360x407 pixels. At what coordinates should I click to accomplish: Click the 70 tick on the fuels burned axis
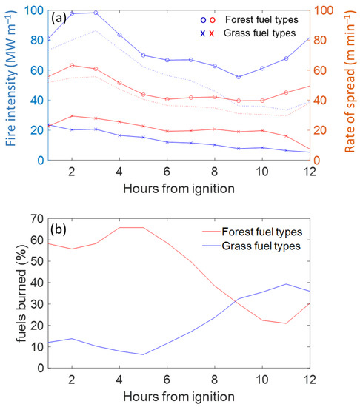click(34, 218)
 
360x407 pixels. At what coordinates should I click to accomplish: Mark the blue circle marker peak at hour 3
click(96, 13)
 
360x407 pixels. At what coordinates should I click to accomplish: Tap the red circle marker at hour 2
click(72, 65)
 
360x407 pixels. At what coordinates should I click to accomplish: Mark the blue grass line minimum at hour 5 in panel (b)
click(143, 354)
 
